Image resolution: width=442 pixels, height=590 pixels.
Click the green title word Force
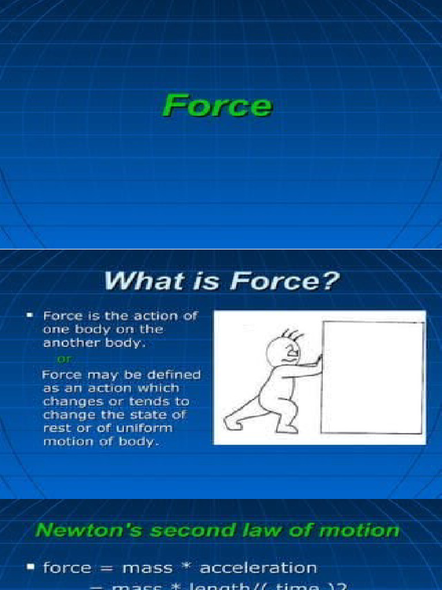click(217, 106)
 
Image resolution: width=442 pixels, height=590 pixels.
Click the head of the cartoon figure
click(283, 351)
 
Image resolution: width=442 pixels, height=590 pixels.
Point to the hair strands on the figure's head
click(292, 334)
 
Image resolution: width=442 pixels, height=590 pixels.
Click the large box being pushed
click(372, 377)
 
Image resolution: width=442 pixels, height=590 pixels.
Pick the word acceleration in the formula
click(258, 568)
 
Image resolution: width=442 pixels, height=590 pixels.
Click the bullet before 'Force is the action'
click(29, 316)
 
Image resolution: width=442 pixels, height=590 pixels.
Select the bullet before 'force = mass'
click(29, 568)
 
